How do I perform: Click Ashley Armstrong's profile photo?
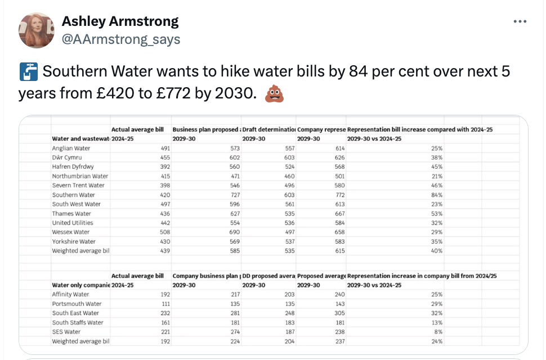tap(37, 30)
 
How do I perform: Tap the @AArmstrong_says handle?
tap(121, 39)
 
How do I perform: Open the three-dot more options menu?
tap(520, 22)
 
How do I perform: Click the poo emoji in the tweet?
tap(274, 94)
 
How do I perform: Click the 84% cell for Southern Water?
tap(437, 195)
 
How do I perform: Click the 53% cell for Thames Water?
tap(437, 214)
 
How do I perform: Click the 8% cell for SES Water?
tap(438, 332)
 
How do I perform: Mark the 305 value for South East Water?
tap(339, 313)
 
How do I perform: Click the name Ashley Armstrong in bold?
tap(120, 22)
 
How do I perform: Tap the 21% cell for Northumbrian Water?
tap(437, 176)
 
